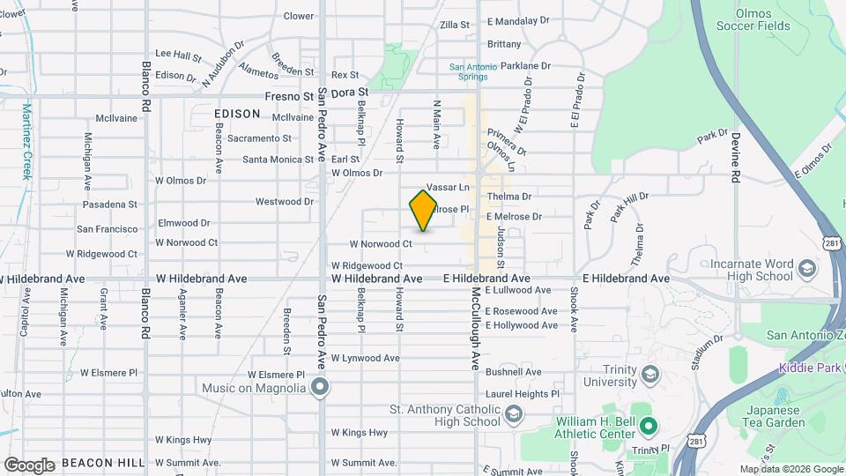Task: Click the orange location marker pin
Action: pyautogui.click(x=423, y=211)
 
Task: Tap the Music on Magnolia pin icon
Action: pyautogui.click(x=319, y=387)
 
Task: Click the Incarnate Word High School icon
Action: pyautogui.click(x=806, y=268)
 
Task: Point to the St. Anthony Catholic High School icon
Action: pyautogui.click(x=513, y=415)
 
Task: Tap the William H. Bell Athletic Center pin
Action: pyautogui.click(x=649, y=428)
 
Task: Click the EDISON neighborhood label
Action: pyautogui.click(x=237, y=114)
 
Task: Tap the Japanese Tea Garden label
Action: pyautogui.click(x=772, y=416)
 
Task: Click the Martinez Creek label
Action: pyautogui.click(x=27, y=141)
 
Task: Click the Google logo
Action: pyautogui.click(x=30, y=465)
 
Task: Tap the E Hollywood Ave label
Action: pyautogui.click(x=524, y=325)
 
